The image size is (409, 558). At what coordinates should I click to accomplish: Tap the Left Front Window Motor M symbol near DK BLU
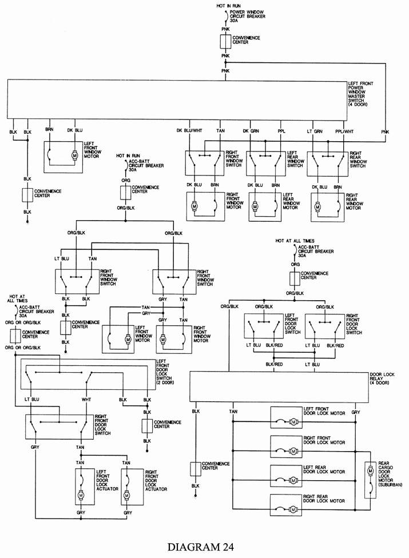[74, 154]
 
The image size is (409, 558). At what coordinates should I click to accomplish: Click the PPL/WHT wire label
[344, 131]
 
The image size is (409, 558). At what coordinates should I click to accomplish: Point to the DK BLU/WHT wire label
[189, 131]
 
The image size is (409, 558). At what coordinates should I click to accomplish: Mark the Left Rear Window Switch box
[264, 164]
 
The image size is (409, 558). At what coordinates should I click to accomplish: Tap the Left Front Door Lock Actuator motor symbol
[81, 493]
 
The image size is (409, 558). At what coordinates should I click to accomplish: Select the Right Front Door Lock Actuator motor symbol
[126, 493]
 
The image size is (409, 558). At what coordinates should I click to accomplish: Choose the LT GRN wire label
[314, 131]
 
